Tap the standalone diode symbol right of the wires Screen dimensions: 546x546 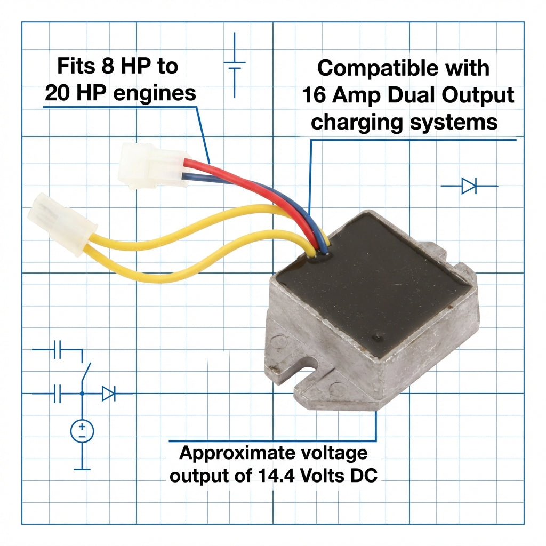point(469,186)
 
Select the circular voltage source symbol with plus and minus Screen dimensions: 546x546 point(82,431)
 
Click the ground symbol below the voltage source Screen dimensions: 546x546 point(82,469)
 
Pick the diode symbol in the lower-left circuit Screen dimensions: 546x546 point(109,394)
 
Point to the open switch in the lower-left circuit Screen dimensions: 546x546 point(85,373)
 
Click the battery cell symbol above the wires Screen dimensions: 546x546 point(235,65)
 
